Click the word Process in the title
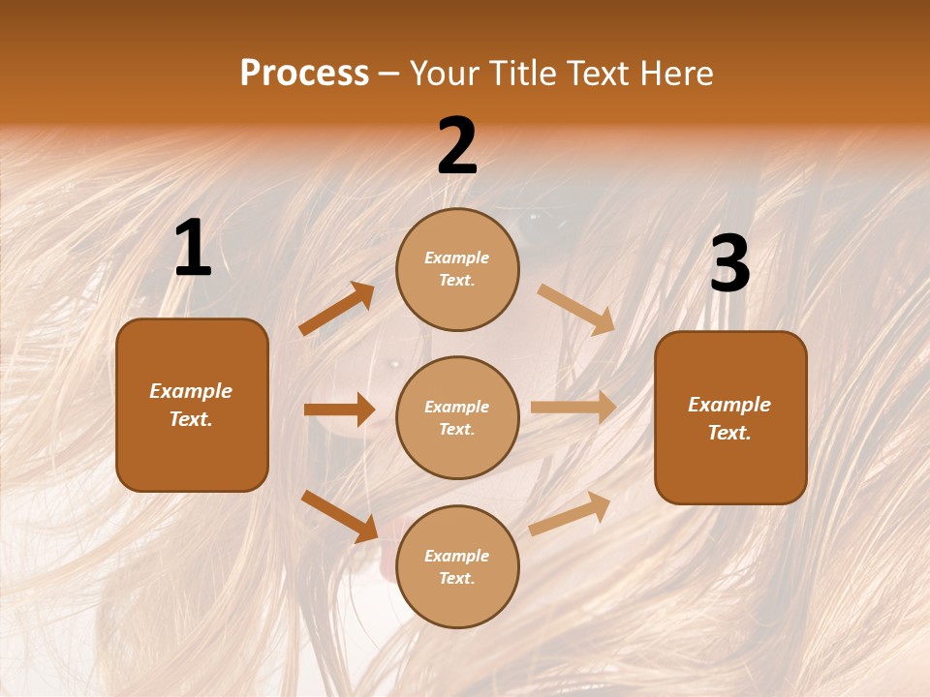coord(304,74)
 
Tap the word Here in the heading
coord(675,74)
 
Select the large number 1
coord(193,249)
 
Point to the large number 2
coord(457,146)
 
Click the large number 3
coord(729,264)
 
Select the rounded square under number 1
coord(192,405)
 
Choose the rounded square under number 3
coord(730,418)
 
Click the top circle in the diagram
coord(457,269)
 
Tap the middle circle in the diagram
coord(457,417)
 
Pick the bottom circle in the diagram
coord(457,566)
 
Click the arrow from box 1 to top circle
coord(337,309)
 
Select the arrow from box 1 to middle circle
coord(339,409)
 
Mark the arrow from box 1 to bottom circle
coord(339,515)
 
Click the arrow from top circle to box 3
coord(576,309)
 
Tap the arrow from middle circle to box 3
coord(573,408)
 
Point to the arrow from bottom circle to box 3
coord(570,513)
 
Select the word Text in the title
coord(601,74)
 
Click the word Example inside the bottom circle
coord(457,556)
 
